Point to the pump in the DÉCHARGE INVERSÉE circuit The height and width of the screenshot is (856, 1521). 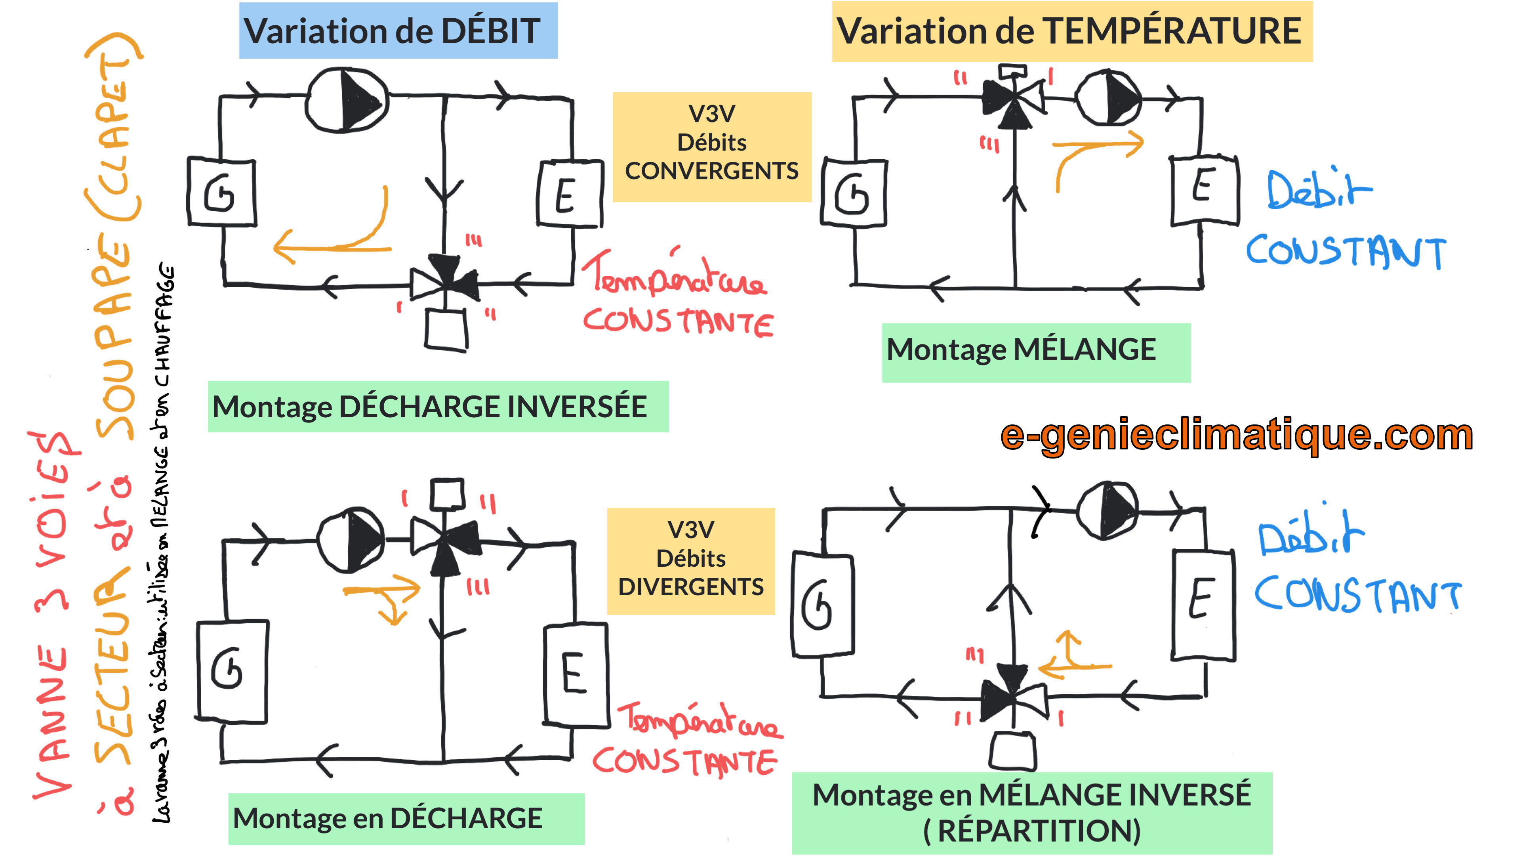click(347, 100)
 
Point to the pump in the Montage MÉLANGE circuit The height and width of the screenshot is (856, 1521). click(1108, 97)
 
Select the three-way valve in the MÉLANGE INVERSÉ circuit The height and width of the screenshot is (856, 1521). click(1013, 697)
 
